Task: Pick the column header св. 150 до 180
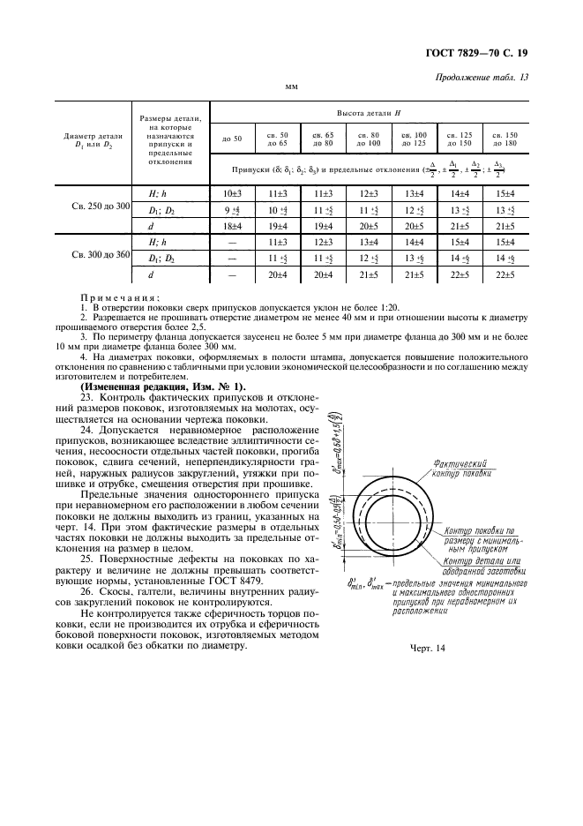[x=505, y=139]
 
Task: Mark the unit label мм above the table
[x=291, y=87]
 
